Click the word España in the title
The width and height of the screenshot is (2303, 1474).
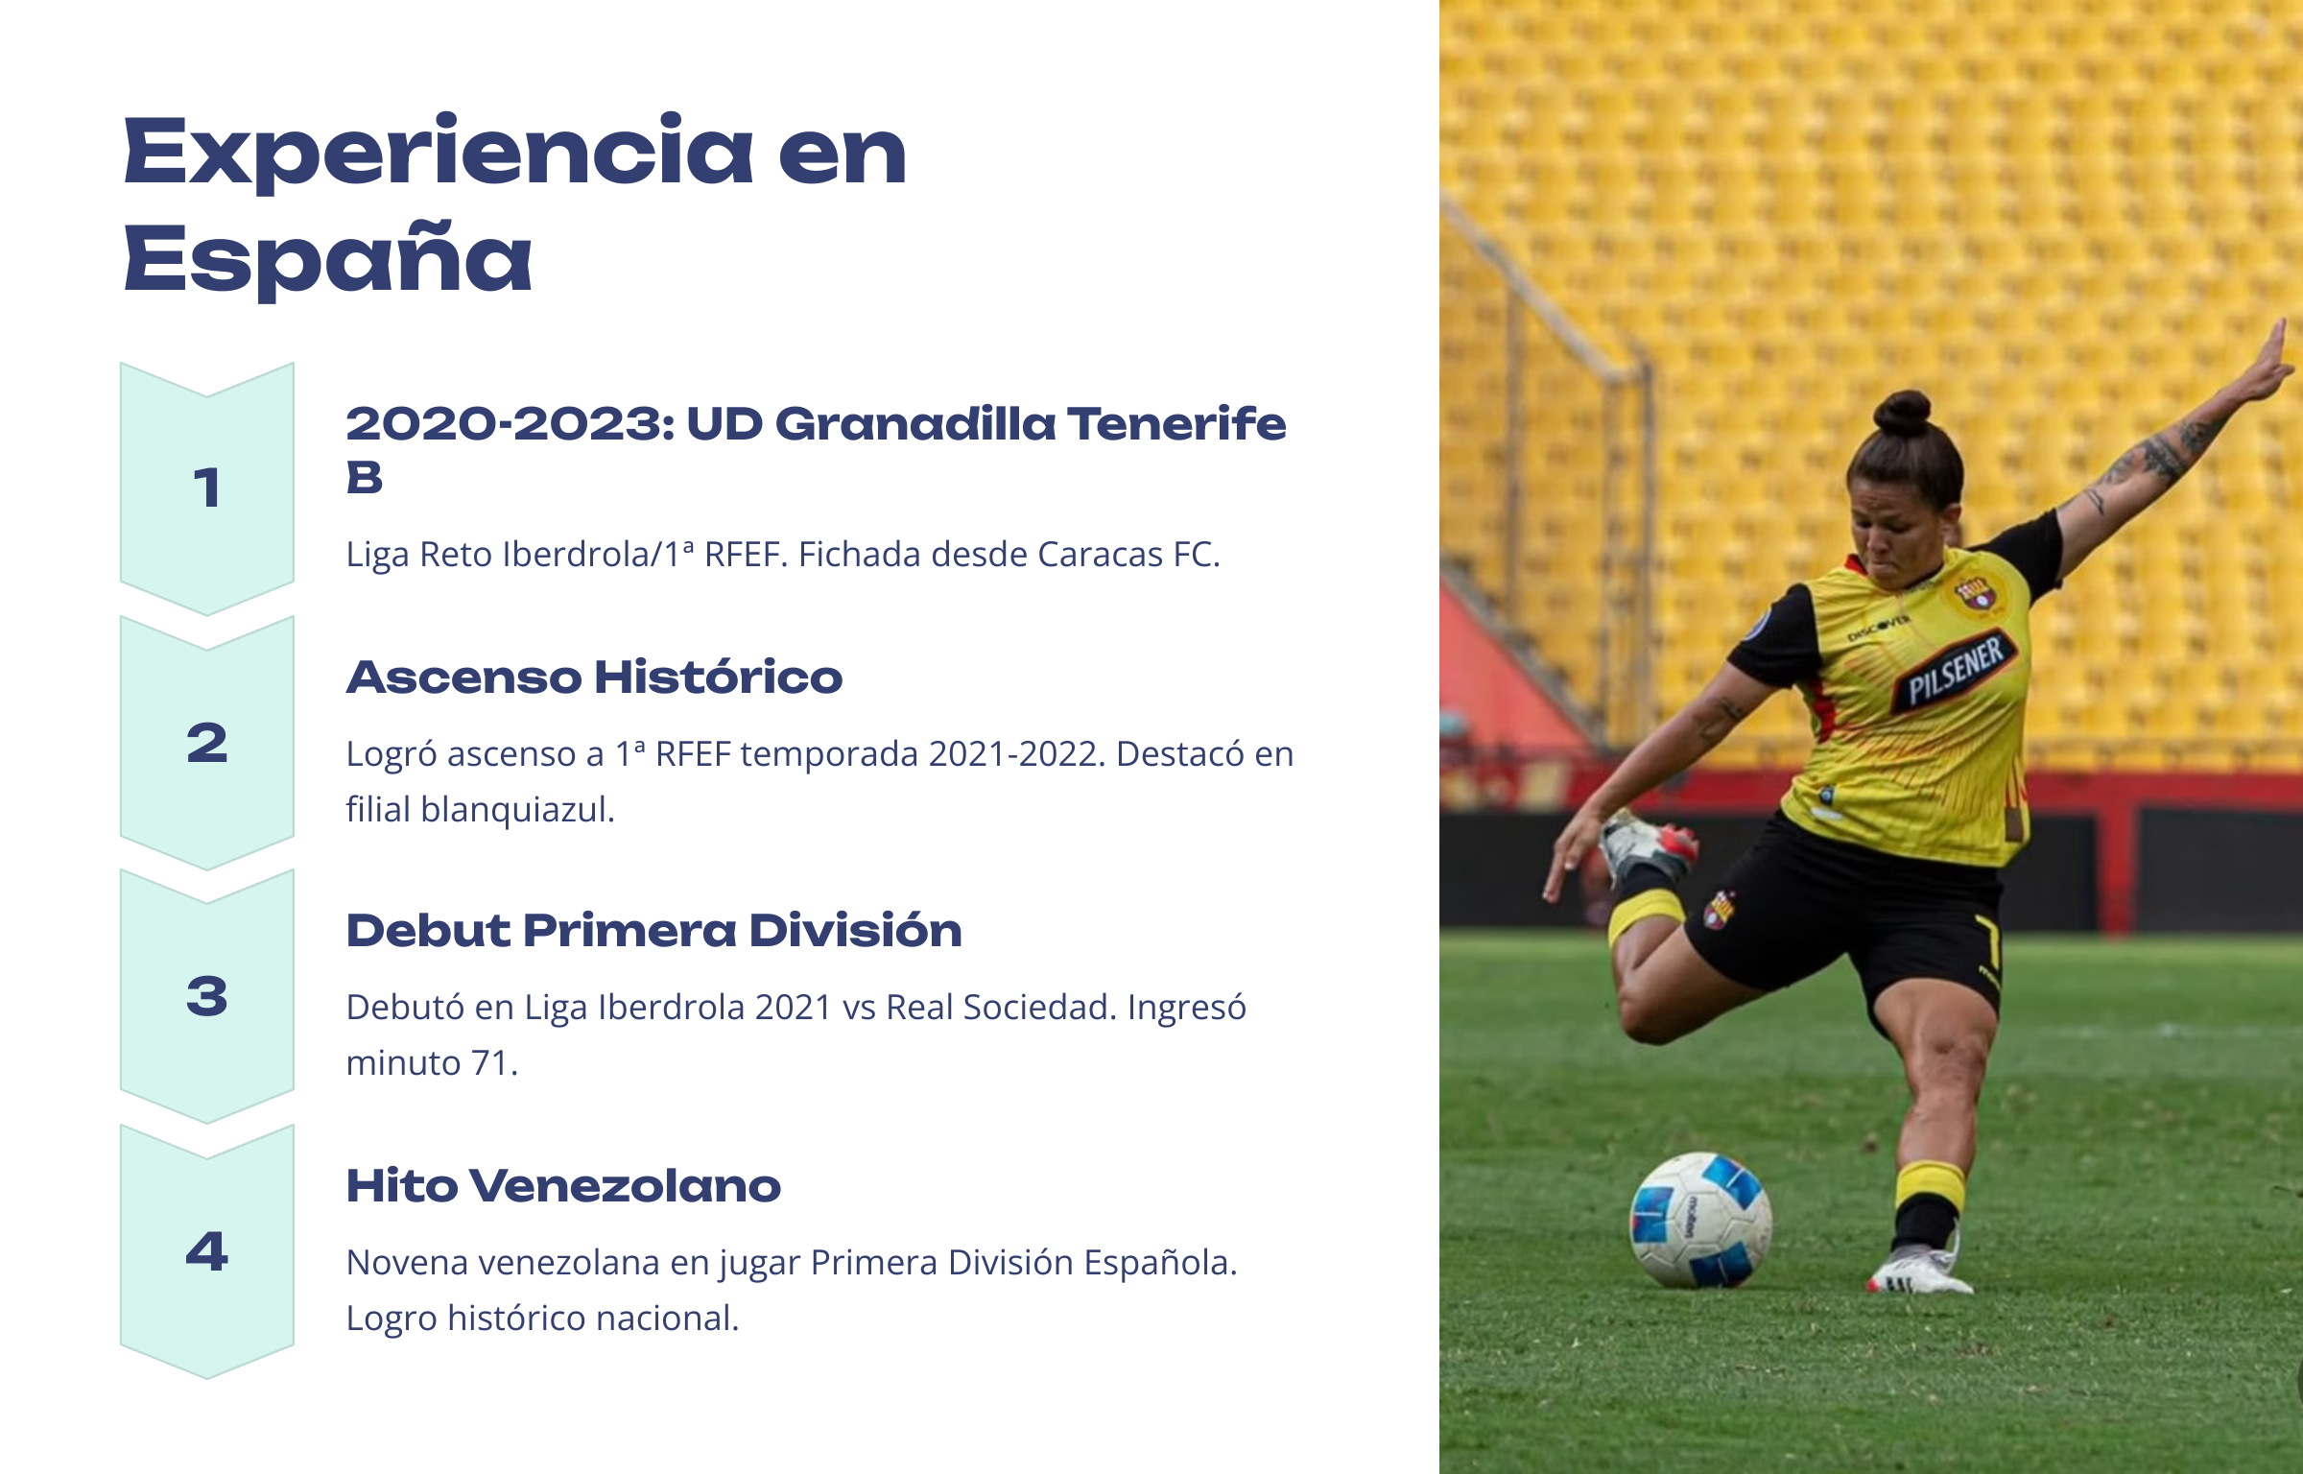[x=327, y=257]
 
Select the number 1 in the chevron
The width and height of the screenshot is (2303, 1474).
[x=207, y=487]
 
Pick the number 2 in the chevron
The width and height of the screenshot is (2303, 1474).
[x=207, y=743]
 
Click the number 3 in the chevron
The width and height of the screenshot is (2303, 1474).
[x=207, y=996]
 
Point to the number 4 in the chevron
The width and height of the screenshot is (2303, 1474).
[x=207, y=1251]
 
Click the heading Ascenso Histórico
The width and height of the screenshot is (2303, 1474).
[x=594, y=678]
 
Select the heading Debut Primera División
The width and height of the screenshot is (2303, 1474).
[x=653, y=931]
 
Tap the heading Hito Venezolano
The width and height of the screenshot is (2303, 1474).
[x=563, y=1186]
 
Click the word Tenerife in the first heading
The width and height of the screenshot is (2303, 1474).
[x=1176, y=424]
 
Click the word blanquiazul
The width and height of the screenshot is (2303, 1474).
[x=517, y=810]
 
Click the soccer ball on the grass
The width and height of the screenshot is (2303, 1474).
[x=1700, y=1220]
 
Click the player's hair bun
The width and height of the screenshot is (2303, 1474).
[x=1904, y=414]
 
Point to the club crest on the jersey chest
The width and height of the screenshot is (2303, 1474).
[x=1976, y=595]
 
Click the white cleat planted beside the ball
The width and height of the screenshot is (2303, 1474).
[x=1919, y=1270]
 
